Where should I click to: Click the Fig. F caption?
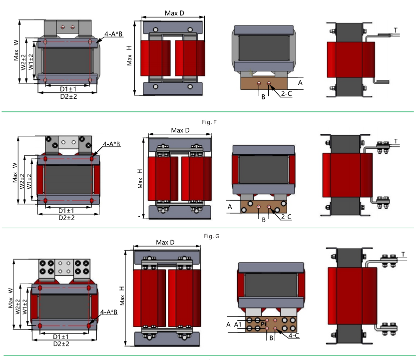pos(209,122)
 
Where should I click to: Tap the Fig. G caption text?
pos(212,236)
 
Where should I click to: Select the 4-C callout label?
pos(294,336)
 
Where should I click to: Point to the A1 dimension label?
pos(238,325)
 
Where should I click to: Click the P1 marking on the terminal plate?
pos(264,324)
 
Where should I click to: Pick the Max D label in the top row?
pos(174,13)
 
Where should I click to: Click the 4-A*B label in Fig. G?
pos(109,312)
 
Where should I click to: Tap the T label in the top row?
pos(396,30)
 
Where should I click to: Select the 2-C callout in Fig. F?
pos(286,217)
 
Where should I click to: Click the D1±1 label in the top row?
pos(68,89)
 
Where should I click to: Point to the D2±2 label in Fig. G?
pos(61,344)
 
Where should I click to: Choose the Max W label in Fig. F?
pos(14,173)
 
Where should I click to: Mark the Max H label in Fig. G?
pos(122,296)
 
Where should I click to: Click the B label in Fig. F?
pos(264,220)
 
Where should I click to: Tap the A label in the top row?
pos(300,82)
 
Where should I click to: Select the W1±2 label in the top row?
pos(31,62)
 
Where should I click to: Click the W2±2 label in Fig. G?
pos(18,307)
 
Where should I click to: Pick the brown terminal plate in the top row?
pos(264,83)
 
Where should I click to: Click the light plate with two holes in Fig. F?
pos(68,144)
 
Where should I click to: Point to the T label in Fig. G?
pos(403,255)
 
